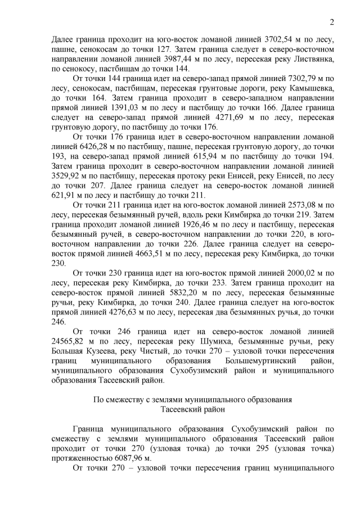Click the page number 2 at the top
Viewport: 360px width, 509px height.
click(x=332, y=22)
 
